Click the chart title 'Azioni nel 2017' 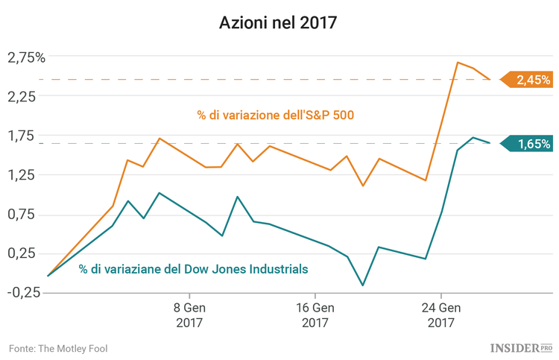coord(279,23)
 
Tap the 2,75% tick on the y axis coord(26,57)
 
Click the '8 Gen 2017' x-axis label coord(189,315)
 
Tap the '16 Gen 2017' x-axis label coord(315,315)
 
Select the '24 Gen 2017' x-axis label coord(440,315)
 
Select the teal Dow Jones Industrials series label coord(193,269)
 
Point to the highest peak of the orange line coord(458,63)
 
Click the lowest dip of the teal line coord(363,285)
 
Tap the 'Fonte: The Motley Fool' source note coord(52,348)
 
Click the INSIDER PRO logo coord(520,348)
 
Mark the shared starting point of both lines coord(48,276)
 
